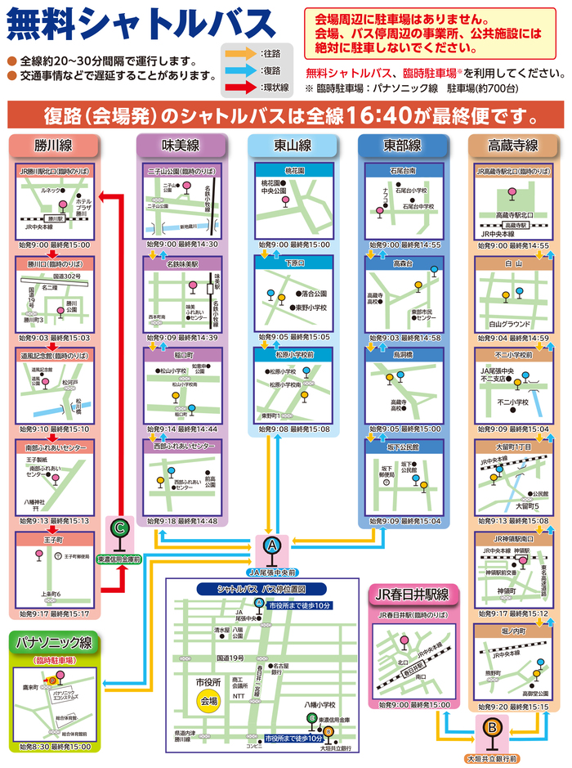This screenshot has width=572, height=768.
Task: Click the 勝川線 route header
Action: pos(55,146)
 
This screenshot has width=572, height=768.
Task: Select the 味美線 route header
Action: pos(181,146)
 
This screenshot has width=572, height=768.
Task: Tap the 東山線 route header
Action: pos(292,146)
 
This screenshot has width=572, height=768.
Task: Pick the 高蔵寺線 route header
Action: pos(512,146)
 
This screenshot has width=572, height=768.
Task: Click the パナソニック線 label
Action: pos(54,643)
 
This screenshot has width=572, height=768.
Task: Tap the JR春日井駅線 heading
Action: pos(414,594)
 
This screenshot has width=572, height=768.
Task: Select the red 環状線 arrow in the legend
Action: pos(240,85)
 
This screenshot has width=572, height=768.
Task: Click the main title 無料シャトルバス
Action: pos(141,25)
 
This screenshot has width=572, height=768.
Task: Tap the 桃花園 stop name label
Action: pos(293,171)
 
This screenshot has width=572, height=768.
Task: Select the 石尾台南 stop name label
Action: pos(404,171)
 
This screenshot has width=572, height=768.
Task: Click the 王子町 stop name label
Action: pos(54,540)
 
